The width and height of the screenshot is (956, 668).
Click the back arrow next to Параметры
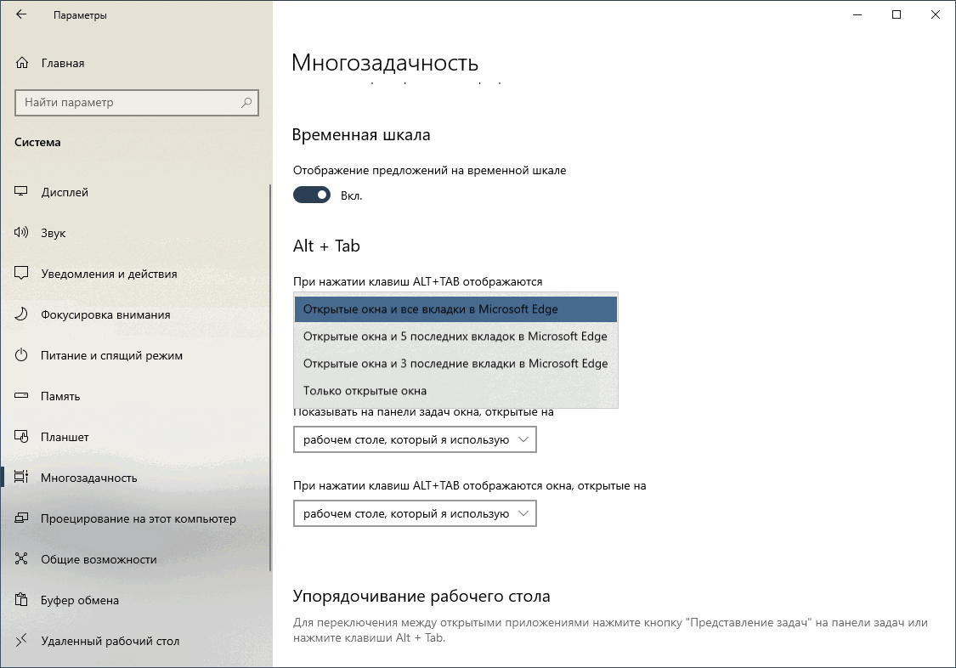pos(21,15)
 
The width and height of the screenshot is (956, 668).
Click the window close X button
pos(936,15)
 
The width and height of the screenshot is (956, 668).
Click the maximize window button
pos(897,15)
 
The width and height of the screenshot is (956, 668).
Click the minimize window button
pos(857,15)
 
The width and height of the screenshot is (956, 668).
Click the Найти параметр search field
pos(127,103)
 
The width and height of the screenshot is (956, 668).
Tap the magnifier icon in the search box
pos(246,103)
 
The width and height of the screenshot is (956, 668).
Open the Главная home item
pos(62,63)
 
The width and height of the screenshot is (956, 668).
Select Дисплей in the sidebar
pos(65,192)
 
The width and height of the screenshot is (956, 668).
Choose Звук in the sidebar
pos(53,233)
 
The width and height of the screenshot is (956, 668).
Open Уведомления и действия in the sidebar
pos(109,274)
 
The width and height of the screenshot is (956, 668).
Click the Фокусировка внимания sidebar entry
pos(105,314)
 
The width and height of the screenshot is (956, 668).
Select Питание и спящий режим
pos(111,355)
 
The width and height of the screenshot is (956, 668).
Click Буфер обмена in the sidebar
pos(80,600)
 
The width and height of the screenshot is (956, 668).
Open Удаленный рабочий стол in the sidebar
pos(110,641)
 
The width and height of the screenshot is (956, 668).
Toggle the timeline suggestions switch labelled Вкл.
pos(312,195)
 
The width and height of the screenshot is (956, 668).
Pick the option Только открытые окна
pos(365,391)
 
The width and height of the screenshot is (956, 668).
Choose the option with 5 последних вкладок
pos(455,337)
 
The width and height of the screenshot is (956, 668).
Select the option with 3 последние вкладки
pos(455,364)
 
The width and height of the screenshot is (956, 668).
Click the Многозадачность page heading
pos(385,63)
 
